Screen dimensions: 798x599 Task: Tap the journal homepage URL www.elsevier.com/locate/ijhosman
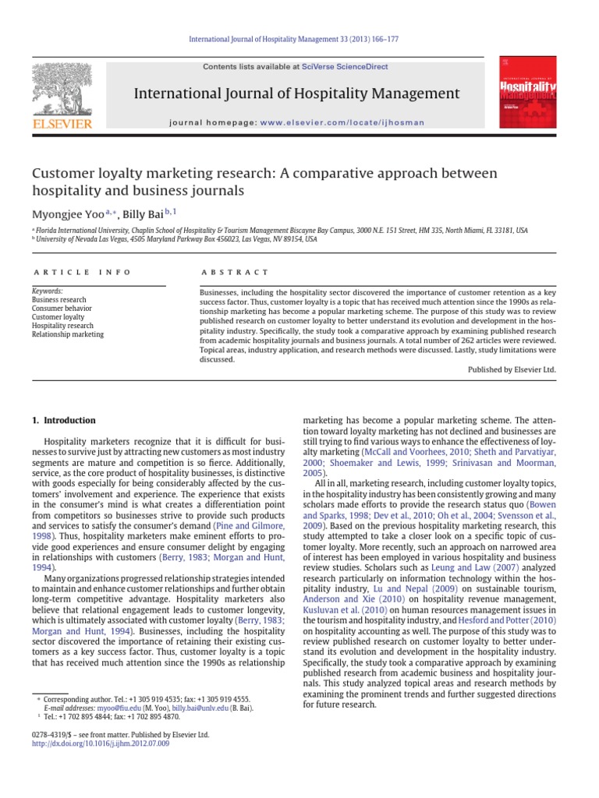[x=342, y=123]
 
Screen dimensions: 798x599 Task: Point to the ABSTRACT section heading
[x=234, y=272]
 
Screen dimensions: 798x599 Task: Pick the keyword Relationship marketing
[x=67, y=334]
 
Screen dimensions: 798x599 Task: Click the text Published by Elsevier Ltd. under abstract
[x=512, y=370]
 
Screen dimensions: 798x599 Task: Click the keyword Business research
[x=58, y=300]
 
